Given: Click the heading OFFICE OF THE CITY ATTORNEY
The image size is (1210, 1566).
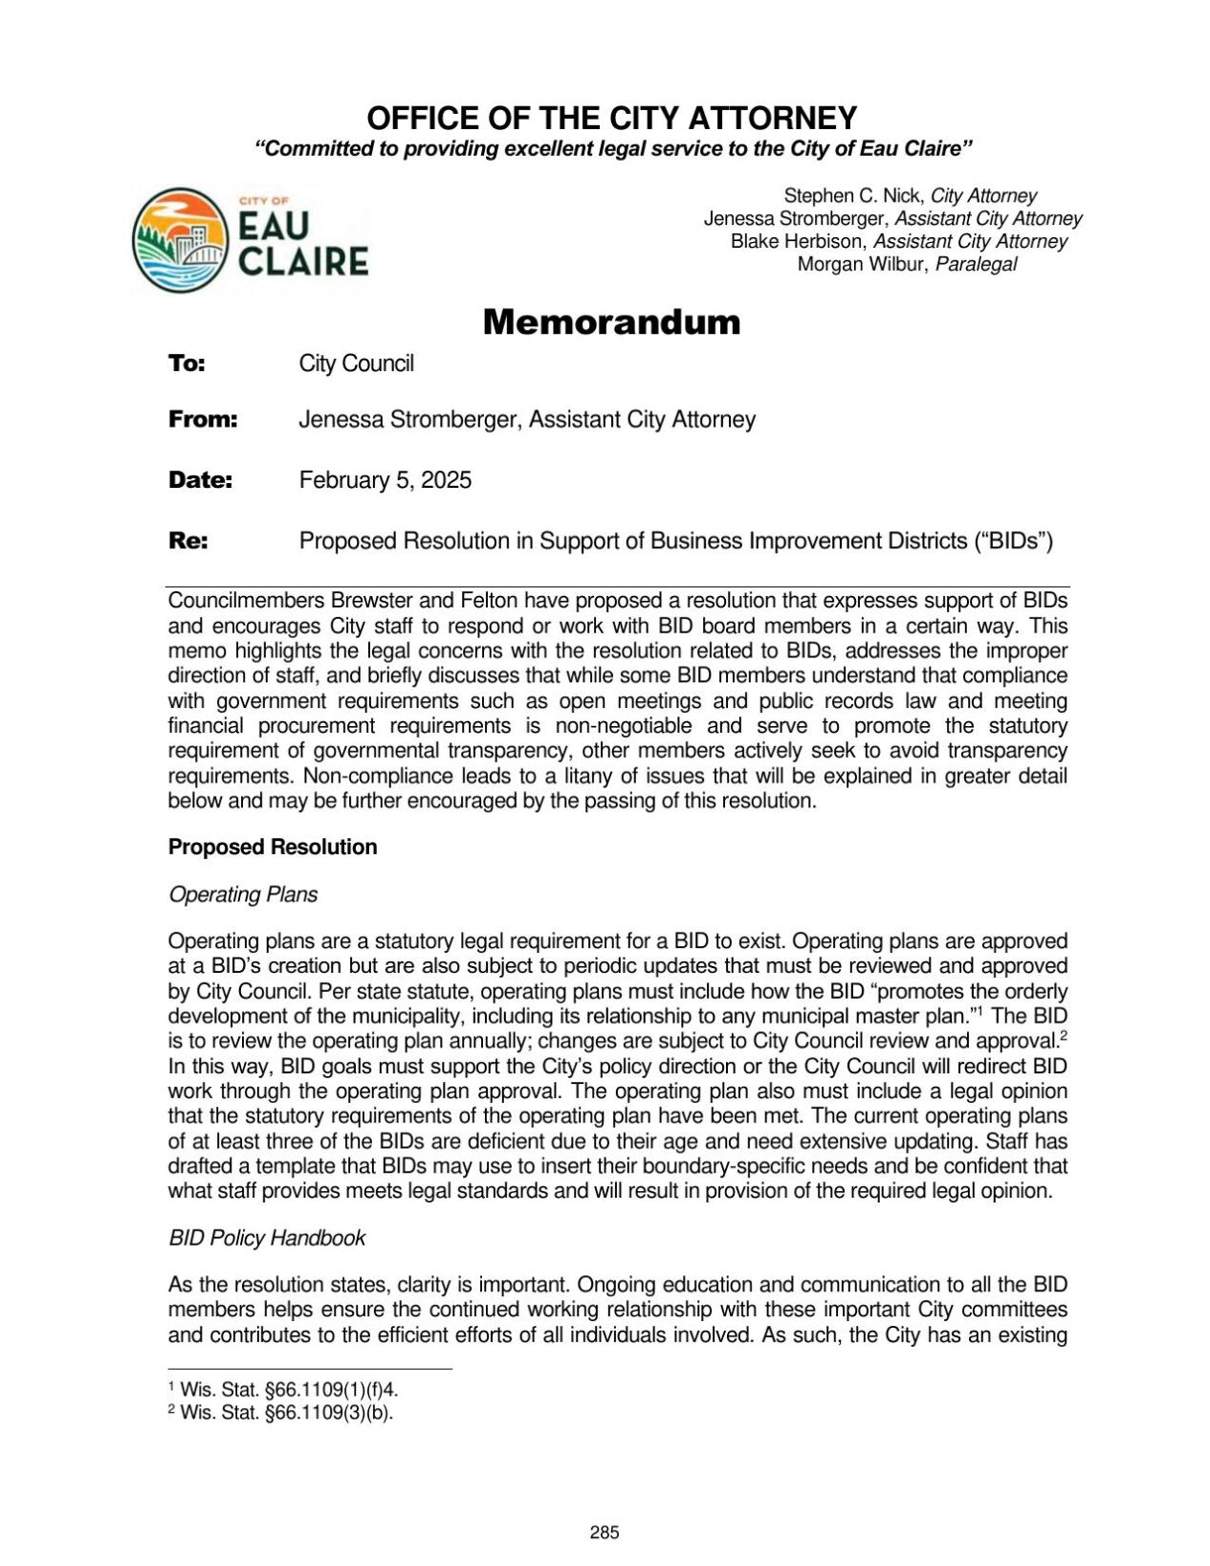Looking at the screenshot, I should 611,119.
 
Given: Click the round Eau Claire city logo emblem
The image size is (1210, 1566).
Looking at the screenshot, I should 180,240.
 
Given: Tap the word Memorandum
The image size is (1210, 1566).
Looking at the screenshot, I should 611,322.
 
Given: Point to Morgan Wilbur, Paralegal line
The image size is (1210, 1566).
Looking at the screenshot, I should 907,265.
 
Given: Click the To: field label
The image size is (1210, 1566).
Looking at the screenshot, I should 187,364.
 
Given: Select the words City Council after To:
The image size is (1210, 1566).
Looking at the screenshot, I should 356,364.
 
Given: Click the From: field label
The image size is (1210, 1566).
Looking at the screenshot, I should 203,420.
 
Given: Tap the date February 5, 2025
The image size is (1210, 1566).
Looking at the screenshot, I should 385,480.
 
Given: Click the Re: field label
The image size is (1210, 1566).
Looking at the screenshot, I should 187,541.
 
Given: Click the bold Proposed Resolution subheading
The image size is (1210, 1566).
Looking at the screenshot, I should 273,848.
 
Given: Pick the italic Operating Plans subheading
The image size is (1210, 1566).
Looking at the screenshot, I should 243,895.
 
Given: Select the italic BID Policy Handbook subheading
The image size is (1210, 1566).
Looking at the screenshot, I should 267,1239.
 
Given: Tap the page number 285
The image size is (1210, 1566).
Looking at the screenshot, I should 605,1533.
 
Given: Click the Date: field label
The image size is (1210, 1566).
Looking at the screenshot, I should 200,480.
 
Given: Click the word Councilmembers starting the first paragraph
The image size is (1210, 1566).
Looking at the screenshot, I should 247,602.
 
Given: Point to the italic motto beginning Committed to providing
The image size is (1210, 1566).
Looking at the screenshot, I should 612,149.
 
